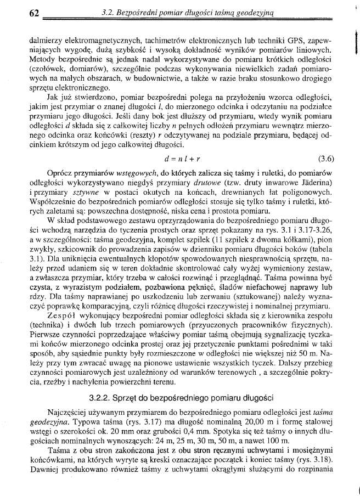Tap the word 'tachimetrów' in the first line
point(167,41)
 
